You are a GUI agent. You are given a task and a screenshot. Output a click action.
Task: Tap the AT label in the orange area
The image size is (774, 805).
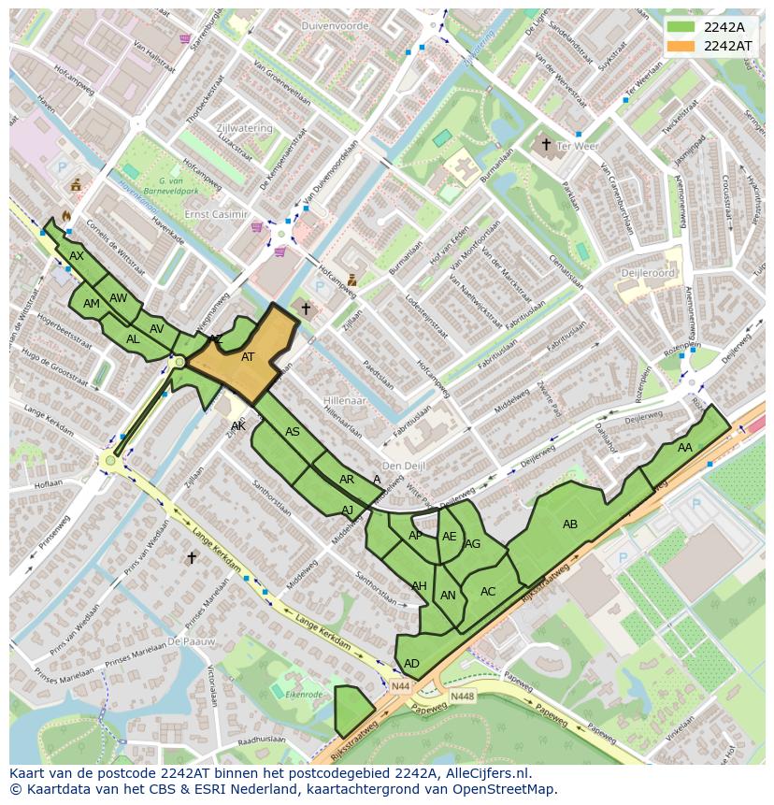point(248,357)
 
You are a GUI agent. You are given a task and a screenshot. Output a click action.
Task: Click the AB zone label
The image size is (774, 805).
point(570,525)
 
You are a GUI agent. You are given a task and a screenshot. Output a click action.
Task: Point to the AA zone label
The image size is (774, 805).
point(685,448)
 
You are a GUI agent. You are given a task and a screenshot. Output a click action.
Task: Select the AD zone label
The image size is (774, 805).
point(411,664)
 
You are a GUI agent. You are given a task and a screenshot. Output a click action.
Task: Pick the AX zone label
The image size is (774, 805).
point(77,256)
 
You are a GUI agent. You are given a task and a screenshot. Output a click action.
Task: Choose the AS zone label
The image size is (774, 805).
point(293,432)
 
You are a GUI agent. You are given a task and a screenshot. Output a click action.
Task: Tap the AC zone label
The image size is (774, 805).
point(488,592)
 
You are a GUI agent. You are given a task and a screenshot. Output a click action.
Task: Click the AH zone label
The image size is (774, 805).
point(419,586)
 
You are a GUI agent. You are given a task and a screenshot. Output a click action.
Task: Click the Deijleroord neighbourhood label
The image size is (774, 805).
point(647,273)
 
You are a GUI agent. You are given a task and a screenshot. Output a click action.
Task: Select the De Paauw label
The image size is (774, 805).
point(191,642)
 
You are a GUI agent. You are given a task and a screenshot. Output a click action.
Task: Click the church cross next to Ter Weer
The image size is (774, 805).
point(546,144)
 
